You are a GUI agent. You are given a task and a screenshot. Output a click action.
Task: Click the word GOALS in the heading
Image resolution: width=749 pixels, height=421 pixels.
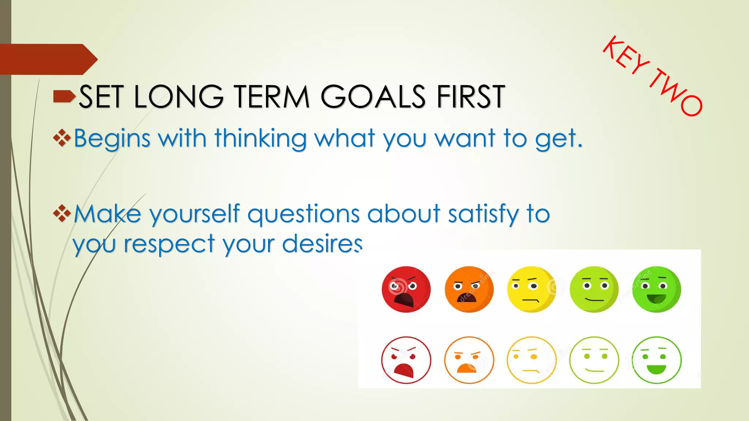[373, 96]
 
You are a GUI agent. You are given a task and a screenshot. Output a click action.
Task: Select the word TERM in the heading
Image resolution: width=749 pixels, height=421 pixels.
[272, 96]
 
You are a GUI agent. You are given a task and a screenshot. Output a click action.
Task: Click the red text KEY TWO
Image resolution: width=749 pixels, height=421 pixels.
[652, 76]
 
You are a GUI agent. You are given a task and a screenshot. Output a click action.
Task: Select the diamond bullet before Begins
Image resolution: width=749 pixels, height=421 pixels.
[62, 138]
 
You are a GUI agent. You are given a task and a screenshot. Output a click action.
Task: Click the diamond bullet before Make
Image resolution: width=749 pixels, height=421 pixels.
[62, 213]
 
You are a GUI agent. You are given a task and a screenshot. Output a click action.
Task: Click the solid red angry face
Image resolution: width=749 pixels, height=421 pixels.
[406, 289]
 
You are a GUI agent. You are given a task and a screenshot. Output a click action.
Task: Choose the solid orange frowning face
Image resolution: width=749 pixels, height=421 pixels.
[469, 289]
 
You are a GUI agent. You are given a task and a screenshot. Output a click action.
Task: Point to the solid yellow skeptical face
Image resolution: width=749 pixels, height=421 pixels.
[531, 289]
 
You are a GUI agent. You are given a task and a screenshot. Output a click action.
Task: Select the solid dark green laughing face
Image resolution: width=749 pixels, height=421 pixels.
[656, 289]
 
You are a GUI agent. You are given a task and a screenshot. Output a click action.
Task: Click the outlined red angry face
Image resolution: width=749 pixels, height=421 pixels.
[406, 360]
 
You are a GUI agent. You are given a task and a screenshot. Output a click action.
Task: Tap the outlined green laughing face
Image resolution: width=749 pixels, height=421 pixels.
[656, 360]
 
